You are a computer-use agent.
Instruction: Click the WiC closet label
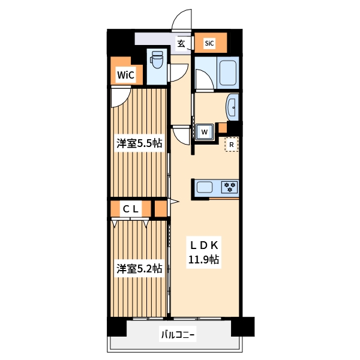[125, 75]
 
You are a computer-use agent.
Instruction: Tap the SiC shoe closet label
[209, 43]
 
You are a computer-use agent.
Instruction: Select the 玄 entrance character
[181, 43]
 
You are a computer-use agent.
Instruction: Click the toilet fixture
[157, 60]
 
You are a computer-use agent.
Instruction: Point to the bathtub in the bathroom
[228, 73]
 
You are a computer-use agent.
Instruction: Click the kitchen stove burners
[230, 187]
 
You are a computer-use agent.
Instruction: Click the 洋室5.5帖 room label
[139, 143]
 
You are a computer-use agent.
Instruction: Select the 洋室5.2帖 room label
[139, 268]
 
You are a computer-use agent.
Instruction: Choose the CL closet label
[131, 209]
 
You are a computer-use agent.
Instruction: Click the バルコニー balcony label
[178, 334]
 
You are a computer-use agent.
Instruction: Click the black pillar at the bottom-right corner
[242, 326]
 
